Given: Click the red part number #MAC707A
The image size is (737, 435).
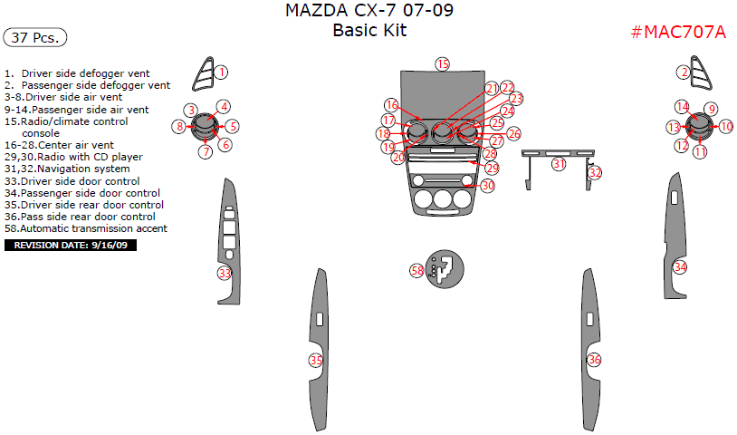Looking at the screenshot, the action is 678,32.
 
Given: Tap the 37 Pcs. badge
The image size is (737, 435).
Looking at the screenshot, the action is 35,37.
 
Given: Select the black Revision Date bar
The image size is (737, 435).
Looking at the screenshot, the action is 71,245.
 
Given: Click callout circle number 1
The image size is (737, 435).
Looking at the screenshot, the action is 221,72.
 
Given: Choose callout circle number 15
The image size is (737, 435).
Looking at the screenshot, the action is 443,64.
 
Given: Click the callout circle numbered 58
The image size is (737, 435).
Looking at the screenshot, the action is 417,270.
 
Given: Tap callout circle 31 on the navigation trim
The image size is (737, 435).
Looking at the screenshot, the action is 559,164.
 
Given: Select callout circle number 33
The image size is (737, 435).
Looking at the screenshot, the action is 225,273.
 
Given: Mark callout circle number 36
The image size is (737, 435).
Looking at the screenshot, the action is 595,360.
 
